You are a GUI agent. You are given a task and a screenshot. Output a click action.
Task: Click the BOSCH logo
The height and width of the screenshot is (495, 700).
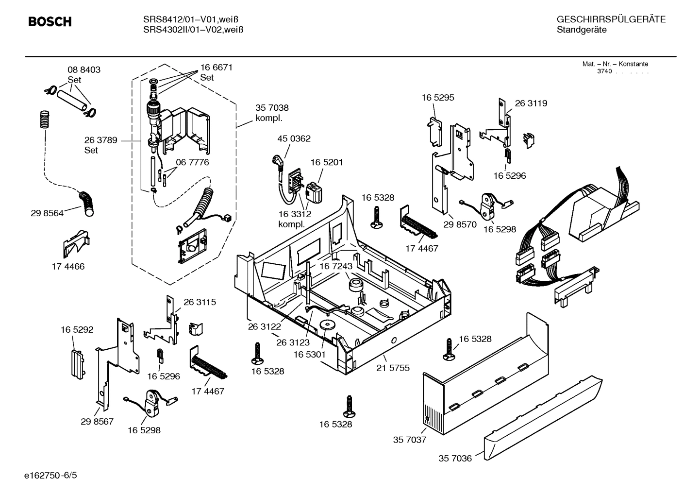click(x=50, y=22)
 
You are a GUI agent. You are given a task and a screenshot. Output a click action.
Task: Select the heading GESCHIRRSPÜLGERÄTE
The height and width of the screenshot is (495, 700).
click(x=611, y=19)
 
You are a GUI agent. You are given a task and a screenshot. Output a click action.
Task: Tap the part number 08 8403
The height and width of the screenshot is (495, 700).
click(x=83, y=70)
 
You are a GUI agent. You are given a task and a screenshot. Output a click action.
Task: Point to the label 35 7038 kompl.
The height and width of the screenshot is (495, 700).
click(x=272, y=113)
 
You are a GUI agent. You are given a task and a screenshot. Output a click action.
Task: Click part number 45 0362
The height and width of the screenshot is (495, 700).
click(x=294, y=138)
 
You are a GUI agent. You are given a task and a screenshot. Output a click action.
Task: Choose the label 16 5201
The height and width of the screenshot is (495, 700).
click(x=326, y=162)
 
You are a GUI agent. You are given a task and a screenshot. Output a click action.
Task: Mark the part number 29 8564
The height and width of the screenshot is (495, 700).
click(x=47, y=213)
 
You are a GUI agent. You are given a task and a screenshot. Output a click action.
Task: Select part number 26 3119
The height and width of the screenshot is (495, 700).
click(x=531, y=103)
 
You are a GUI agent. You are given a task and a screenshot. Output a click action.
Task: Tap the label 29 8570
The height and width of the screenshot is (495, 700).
click(x=460, y=224)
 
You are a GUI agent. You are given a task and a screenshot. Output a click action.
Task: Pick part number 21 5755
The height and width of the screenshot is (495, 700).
click(x=393, y=368)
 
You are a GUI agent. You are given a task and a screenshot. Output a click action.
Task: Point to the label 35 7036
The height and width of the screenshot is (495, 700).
click(x=455, y=458)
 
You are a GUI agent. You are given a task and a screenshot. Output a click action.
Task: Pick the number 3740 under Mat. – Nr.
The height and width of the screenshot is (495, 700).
click(x=604, y=71)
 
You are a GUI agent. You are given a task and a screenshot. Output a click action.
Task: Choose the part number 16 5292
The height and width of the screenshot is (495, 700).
click(x=77, y=329)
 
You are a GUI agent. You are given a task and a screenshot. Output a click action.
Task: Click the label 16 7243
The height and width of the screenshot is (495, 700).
click(x=335, y=266)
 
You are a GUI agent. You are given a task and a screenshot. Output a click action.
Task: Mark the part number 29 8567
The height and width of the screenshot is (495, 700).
click(x=97, y=421)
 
